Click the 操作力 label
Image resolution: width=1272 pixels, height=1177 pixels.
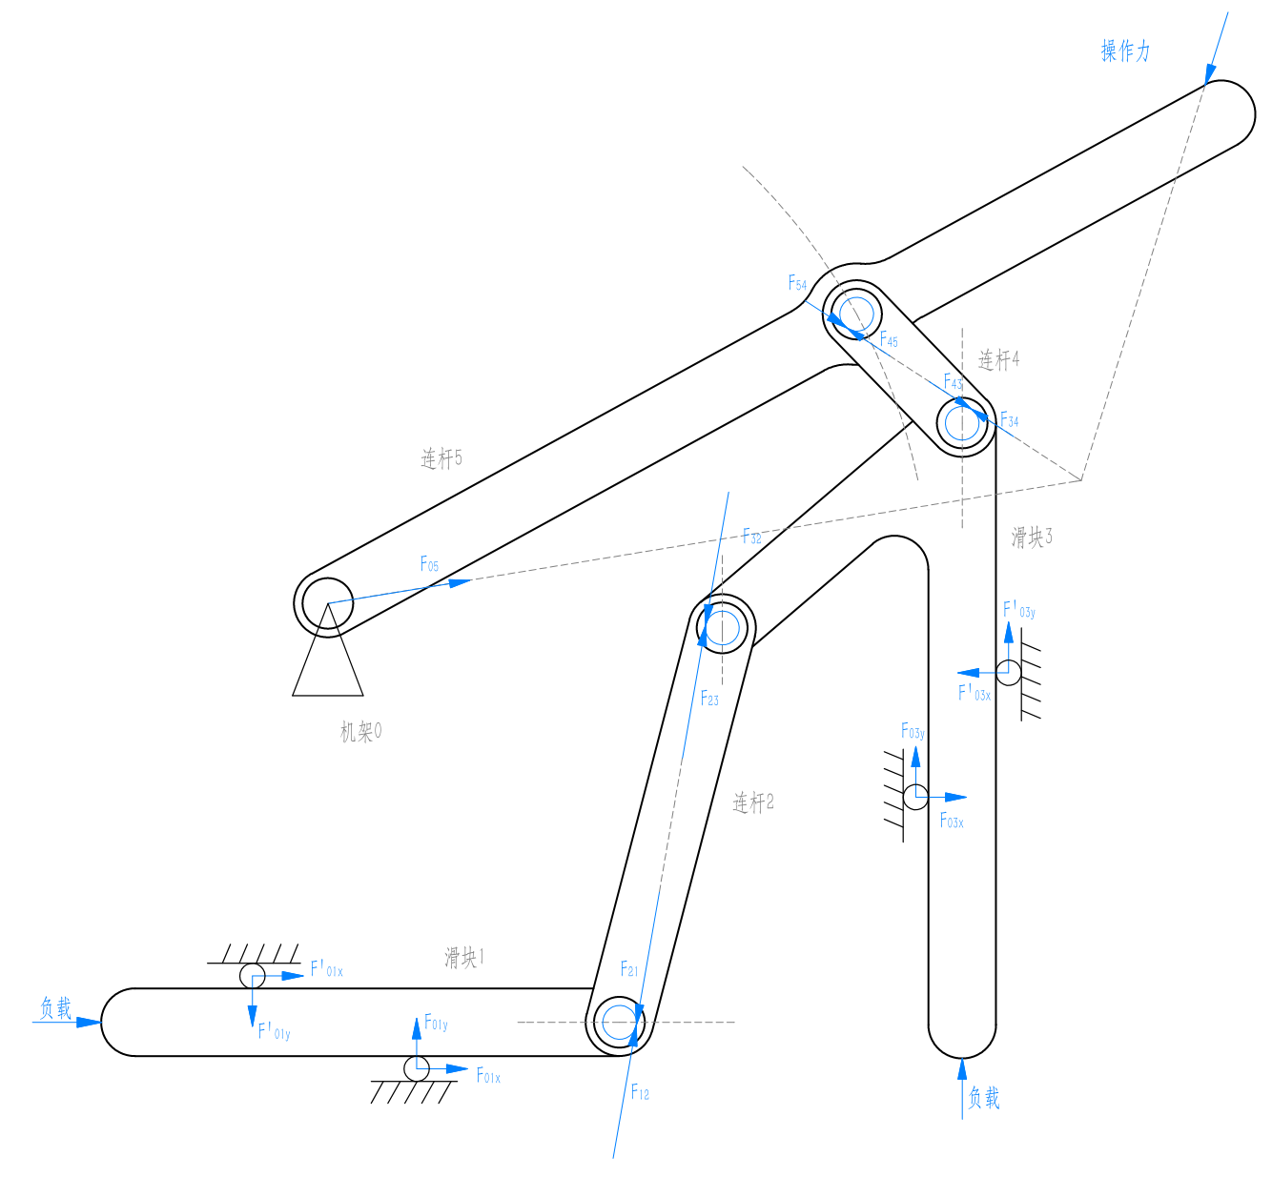tap(1125, 51)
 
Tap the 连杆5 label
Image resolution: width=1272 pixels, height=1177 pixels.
tap(441, 458)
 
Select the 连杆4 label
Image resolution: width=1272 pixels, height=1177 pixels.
tap(998, 359)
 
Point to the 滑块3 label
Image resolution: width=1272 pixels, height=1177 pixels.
tap(1032, 538)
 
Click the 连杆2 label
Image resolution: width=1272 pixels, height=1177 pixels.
tap(753, 802)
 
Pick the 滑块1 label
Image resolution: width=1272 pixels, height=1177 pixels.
tap(464, 957)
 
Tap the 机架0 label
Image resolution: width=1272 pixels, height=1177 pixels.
tap(360, 732)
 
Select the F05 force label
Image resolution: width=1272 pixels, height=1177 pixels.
tap(429, 565)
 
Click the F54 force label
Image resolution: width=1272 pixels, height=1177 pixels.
tap(797, 283)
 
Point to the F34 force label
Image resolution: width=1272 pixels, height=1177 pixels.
tap(1009, 420)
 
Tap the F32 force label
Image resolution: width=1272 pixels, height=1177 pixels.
tap(751, 537)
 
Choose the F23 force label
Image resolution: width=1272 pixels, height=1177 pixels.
tap(709, 699)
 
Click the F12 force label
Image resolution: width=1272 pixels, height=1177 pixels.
tap(640, 1092)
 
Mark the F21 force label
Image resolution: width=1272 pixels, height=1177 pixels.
tap(629, 970)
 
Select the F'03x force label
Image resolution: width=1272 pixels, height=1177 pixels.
tap(975, 693)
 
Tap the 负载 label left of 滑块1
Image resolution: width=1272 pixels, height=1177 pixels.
tap(55, 1007)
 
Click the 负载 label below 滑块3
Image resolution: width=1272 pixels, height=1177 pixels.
tap(984, 1098)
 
